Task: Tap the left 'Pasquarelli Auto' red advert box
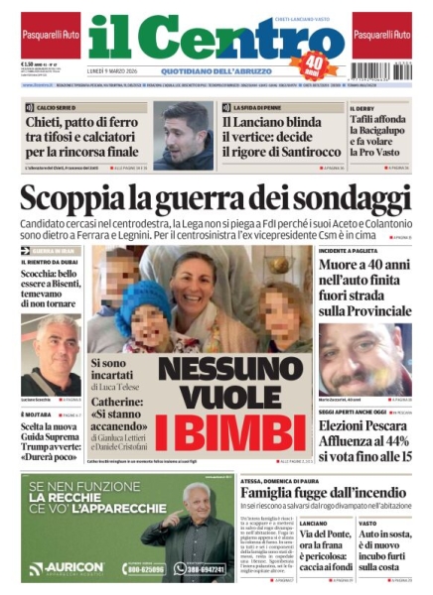(51, 35)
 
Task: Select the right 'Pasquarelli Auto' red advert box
(381, 35)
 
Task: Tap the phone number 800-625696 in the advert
(143, 568)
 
